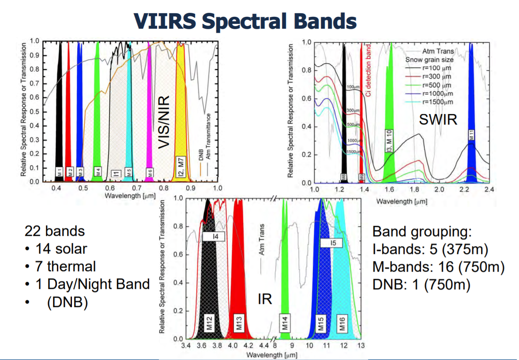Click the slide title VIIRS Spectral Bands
point(245,20)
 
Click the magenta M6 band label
point(150,172)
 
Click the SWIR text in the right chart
point(438,120)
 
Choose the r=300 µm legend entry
point(436,76)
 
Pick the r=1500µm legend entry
point(436,102)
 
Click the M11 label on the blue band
point(471,135)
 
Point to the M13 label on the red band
point(239,324)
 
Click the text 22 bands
point(55,231)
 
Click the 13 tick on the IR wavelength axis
point(361,346)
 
